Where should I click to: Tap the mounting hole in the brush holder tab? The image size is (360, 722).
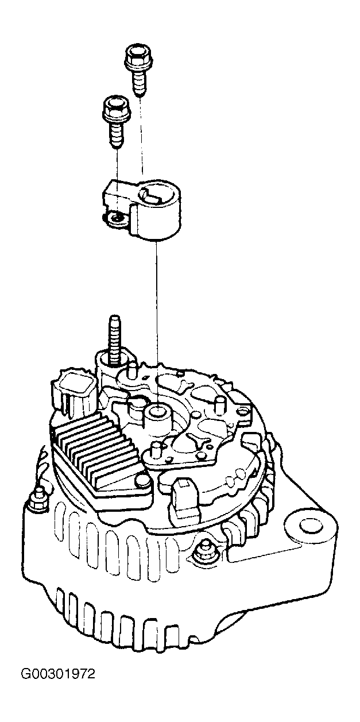click(x=116, y=219)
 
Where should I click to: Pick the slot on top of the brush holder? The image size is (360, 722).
click(x=152, y=196)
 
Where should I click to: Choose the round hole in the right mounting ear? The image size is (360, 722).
click(x=311, y=525)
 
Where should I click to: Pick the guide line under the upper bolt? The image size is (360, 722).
click(x=141, y=136)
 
